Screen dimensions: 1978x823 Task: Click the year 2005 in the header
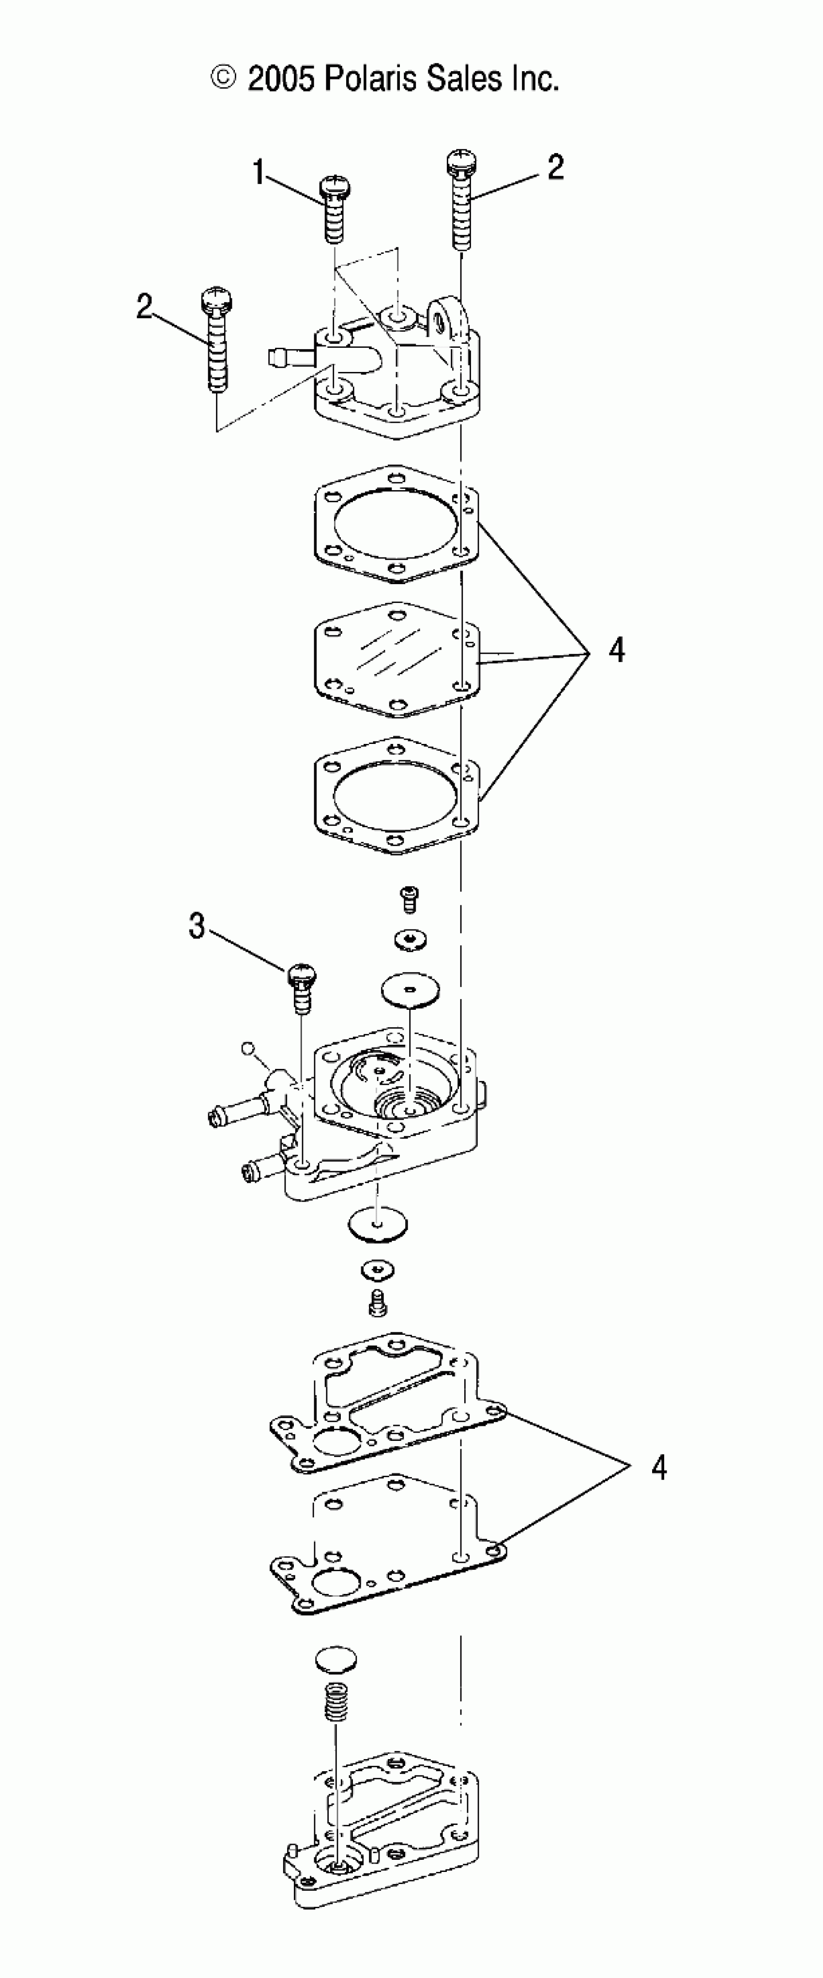pyautogui.click(x=280, y=78)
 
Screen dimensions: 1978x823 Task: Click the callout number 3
pyautogui.click(x=198, y=927)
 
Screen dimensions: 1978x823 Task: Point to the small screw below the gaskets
pyautogui.click(x=410, y=898)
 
